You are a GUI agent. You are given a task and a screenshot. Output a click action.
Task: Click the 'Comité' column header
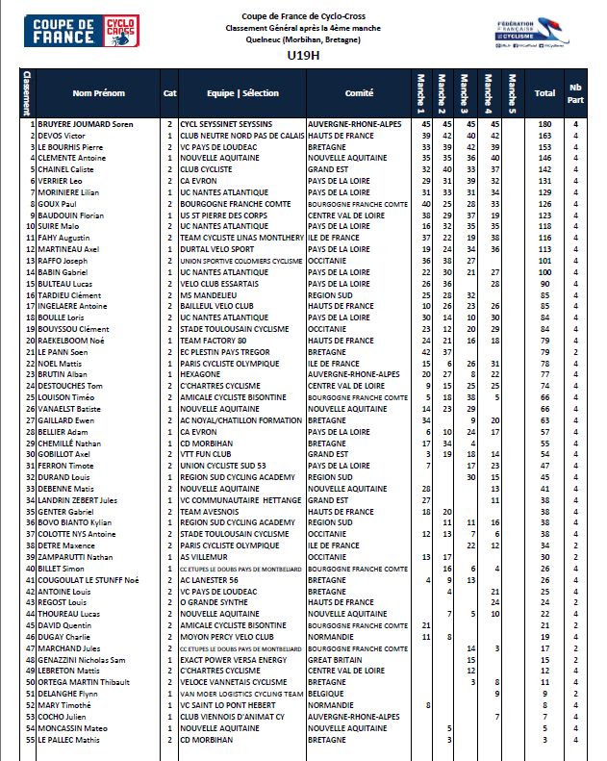(358, 93)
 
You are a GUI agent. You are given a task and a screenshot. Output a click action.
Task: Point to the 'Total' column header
(544, 93)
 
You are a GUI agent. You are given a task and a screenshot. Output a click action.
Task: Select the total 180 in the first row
(544, 125)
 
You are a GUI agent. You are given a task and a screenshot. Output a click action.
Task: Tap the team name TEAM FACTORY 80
(214, 340)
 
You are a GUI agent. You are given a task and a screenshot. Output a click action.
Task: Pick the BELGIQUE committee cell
(327, 694)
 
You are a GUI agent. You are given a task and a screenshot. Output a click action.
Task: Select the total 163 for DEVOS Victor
(544, 137)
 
